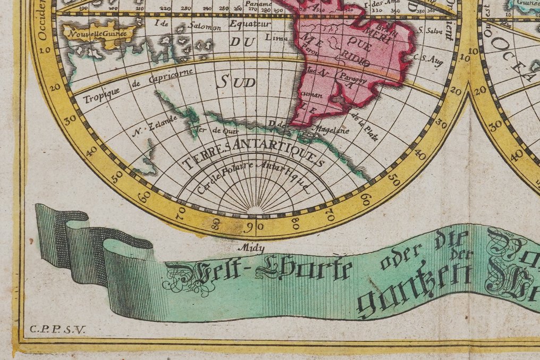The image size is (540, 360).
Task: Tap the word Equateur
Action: (250, 23)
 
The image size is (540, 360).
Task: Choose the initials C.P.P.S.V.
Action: (54, 329)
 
